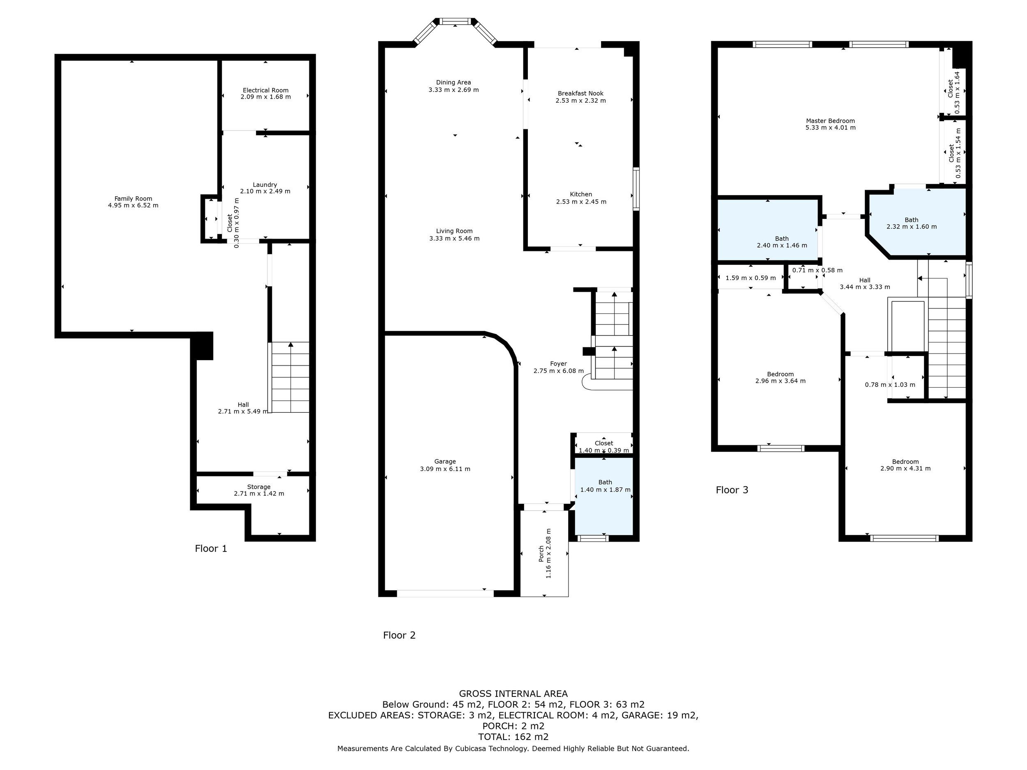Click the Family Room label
pos(133,199)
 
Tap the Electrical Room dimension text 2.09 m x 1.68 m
pos(265,97)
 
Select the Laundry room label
pos(265,185)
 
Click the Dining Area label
pos(453,83)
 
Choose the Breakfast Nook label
pos(580,93)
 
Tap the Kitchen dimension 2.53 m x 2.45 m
pos(581,202)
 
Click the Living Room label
pos(454,231)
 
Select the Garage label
pos(445,461)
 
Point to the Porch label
pos(541,554)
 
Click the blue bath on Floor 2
pos(604,496)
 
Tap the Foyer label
pos(559,364)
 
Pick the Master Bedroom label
pos(830,121)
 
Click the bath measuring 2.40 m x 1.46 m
pos(768,230)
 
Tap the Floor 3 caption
pos(732,490)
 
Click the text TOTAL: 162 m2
pos(513,737)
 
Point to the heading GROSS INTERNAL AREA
pos(513,694)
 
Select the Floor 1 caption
pos(211,549)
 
